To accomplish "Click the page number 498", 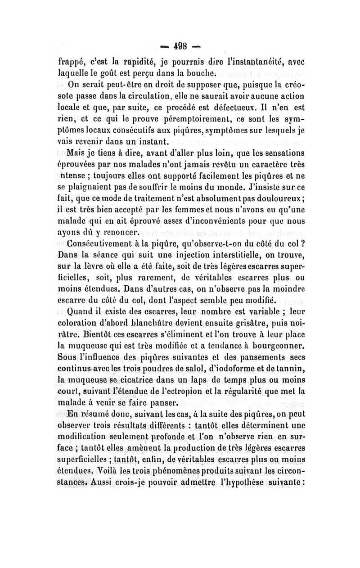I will click(178, 46).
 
